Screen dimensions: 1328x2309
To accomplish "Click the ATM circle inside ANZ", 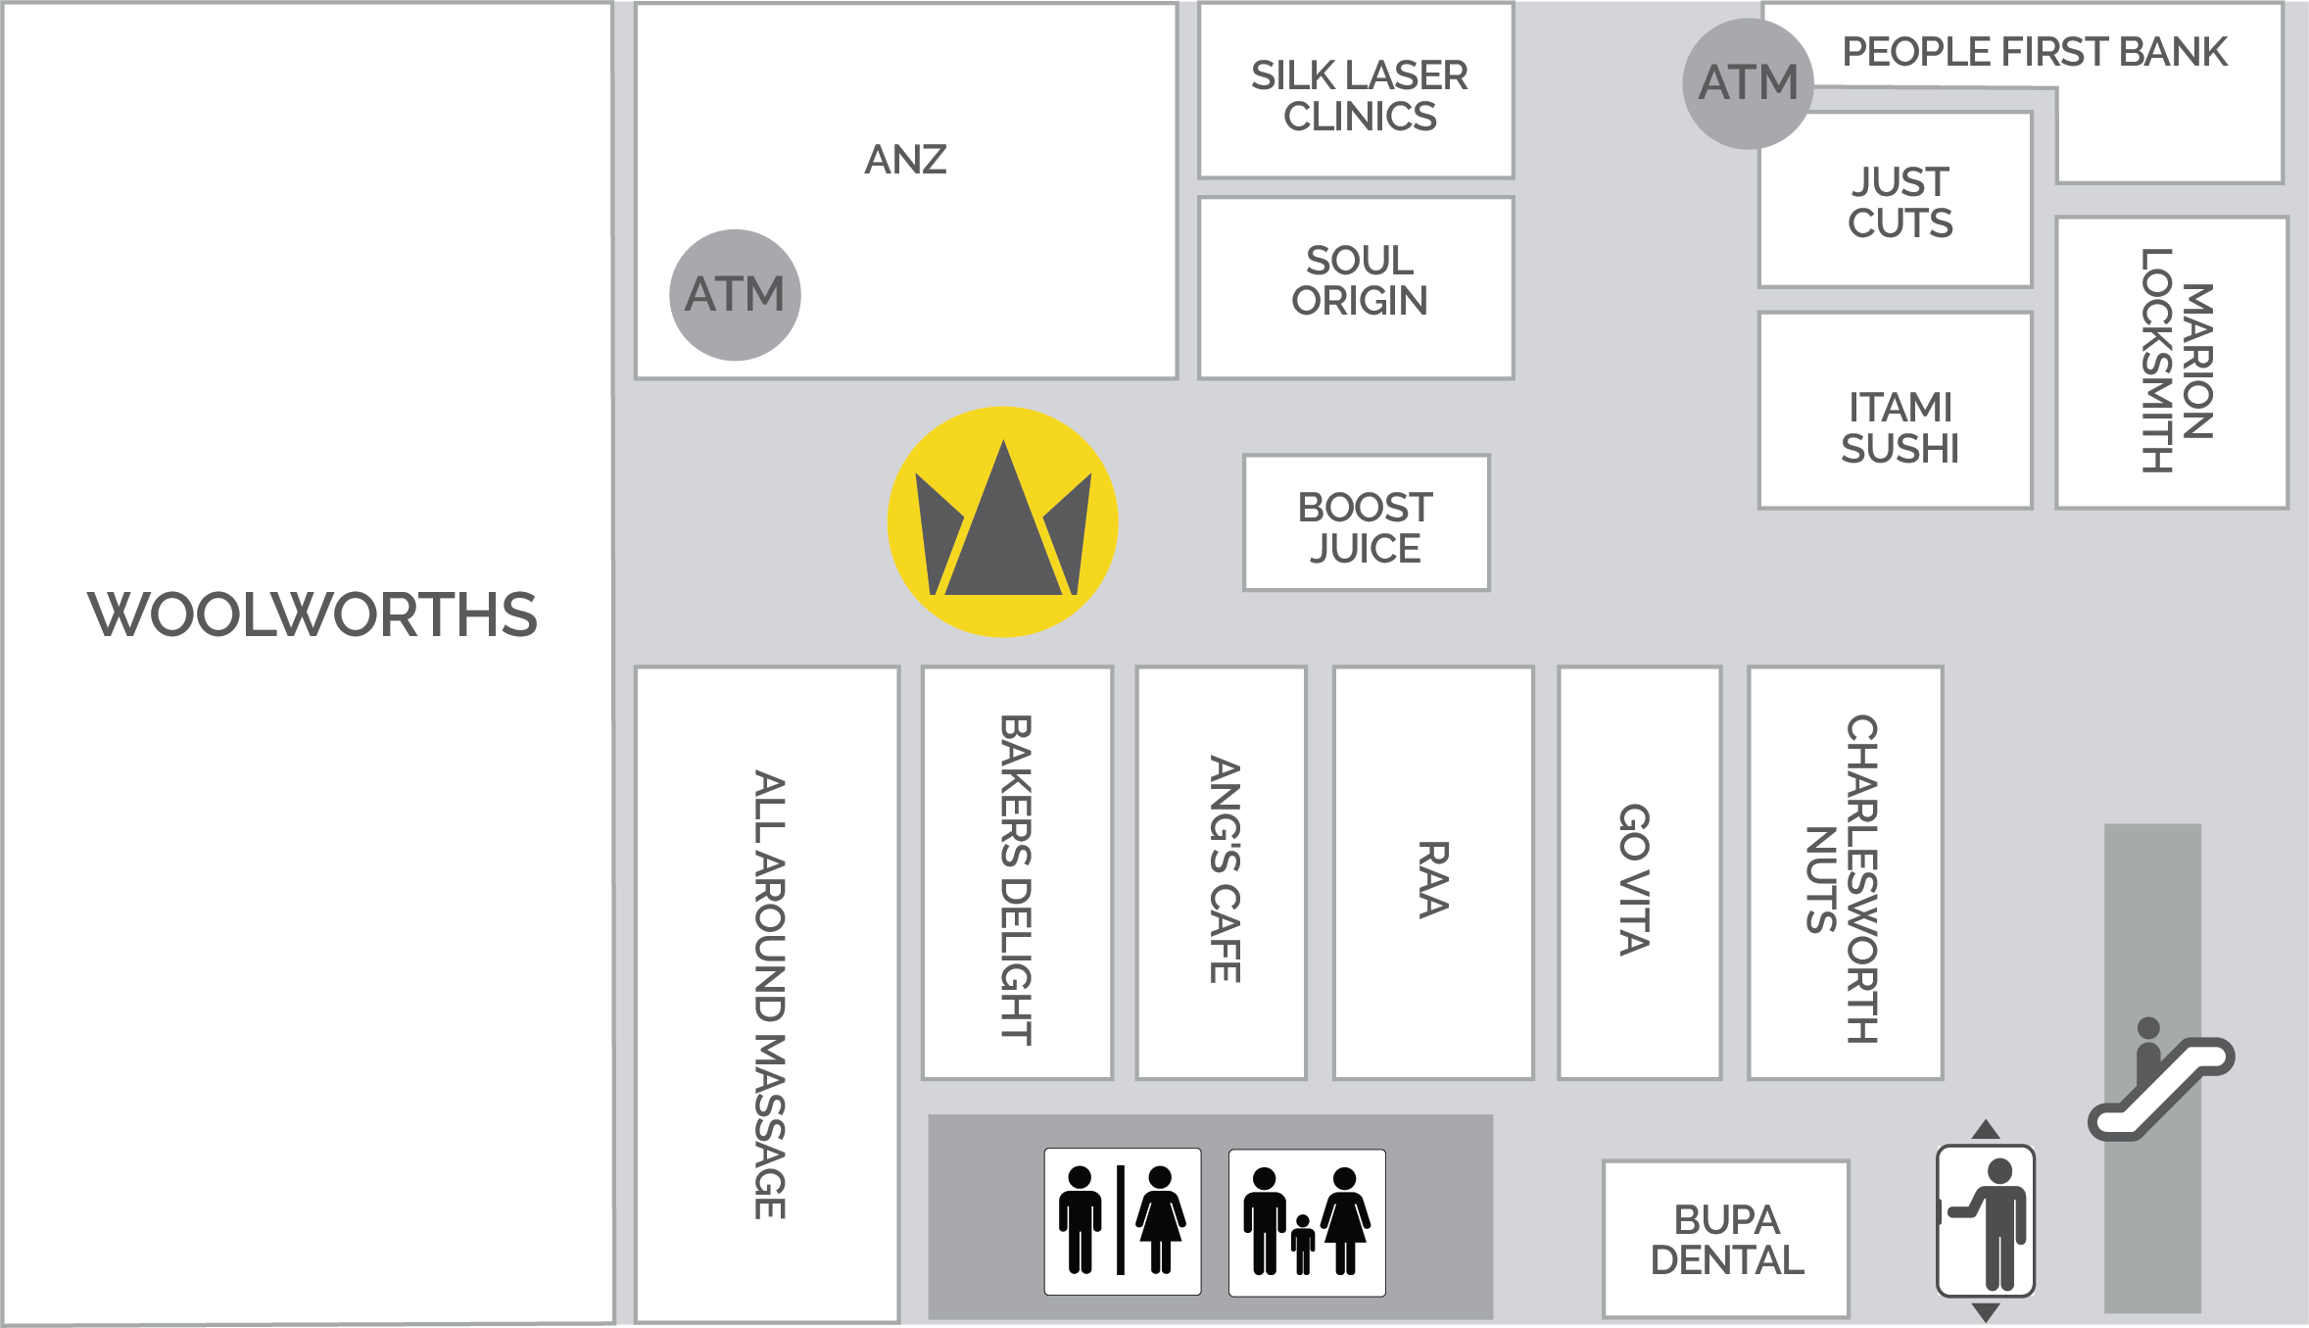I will [x=735, y=295].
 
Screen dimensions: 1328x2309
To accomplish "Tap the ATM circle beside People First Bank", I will [x=1748, y=83].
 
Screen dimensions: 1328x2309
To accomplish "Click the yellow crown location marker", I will [x=1002, y=522].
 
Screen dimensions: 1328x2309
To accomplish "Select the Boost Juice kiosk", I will [x=1366, y=526].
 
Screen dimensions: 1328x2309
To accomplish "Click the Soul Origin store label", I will [x=1359, y=281].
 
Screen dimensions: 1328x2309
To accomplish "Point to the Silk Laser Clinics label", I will [x=1359, y=95].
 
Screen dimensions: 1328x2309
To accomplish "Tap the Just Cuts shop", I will [x=1899, y=202].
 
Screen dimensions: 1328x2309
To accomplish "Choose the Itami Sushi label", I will [x=1899, y=427].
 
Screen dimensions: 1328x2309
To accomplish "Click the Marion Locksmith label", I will [x=2176, y=361].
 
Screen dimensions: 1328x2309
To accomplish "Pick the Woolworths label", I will [x=312, y=615].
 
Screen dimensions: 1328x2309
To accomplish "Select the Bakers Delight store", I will [x=1016, y=879].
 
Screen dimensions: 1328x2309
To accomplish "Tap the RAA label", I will [x=1433, y=879].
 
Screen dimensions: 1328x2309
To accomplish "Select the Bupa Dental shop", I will [x=1726, y=1240].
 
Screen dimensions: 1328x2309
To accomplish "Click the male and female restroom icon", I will [x=1122, y=1221].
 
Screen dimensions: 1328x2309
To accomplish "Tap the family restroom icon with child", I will [x=1307, y=1222].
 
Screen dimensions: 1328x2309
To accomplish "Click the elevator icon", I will [x=1986, y=1221].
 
